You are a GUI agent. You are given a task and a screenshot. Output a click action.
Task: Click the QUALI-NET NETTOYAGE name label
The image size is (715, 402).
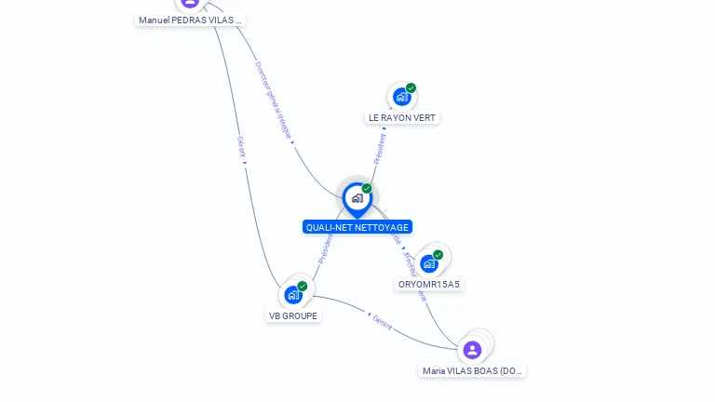click(x=357, y=227)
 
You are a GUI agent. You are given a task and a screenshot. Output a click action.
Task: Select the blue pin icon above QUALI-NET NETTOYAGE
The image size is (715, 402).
click(x=357, y=198)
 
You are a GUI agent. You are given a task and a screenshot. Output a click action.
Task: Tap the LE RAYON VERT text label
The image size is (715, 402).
click(x=402, y=118)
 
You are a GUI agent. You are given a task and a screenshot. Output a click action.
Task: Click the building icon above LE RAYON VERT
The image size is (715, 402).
click(x=401, y=96)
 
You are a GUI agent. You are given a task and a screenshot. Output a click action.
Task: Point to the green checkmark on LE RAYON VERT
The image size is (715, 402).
click(x=411, y=87)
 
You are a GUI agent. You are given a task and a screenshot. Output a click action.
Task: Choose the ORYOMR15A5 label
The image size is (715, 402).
click(x=429, y=285)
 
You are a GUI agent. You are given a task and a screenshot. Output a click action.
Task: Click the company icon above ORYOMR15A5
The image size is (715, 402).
click(x=428, y=263)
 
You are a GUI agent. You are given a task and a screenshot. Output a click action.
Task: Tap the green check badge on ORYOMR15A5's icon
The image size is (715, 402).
click(x=438, y=254)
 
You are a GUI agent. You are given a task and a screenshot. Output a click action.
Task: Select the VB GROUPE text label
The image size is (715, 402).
click(x=293, y=316)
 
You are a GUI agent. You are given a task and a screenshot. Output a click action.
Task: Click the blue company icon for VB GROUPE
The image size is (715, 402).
click(x=293, y=295)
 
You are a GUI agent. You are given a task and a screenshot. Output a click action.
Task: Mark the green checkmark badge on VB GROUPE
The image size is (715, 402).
click(x=303, y=286)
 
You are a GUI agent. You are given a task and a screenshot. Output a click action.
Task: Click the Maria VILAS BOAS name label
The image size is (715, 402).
click(x=473, y=371)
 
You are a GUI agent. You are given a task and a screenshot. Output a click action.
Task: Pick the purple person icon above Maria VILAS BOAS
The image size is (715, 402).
click(x=472, y=350)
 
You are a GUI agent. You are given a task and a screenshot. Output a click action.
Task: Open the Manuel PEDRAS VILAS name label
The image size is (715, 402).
click(x=190, y=20)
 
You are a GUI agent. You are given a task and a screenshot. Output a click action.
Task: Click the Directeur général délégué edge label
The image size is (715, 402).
click(x=274, y=101)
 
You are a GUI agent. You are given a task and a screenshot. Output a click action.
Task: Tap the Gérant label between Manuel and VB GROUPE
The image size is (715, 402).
click(x=241, y=147)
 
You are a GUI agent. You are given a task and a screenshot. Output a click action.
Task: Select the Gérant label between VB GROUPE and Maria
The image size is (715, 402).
click(x=383, y=324)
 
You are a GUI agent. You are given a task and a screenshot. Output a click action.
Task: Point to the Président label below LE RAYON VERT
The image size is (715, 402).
click(x=380, y=148)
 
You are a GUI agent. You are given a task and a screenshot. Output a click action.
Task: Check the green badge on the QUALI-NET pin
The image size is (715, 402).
click(x=367, y=188)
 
